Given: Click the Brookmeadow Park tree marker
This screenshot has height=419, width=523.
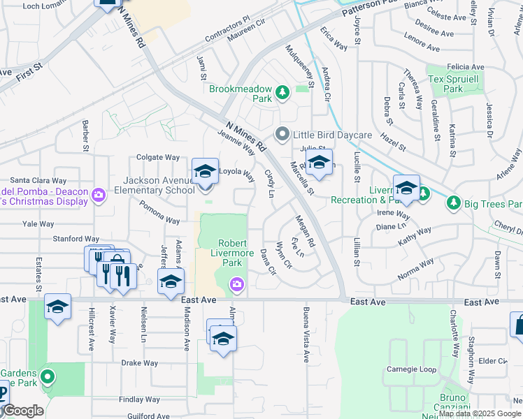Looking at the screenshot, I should click(x=282, y=92).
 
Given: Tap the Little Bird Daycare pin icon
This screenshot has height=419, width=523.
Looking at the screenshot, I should click(x=282, y=133).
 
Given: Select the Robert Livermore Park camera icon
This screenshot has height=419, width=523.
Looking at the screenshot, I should click(x=237, y=284).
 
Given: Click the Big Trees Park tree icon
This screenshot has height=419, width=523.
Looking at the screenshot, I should click(x=453, y=203).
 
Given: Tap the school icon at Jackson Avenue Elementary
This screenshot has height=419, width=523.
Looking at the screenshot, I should click(x=205, y=172).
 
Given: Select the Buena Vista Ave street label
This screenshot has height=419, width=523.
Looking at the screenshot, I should click(x=306, y=335).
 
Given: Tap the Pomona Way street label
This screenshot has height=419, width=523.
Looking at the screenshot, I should click(x=159, y=211).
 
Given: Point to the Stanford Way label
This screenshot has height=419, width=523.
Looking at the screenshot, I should click(x=76, y=238).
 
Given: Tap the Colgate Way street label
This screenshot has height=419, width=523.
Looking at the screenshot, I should click(x=158, y=158).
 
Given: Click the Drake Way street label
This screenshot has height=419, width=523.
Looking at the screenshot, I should click(x=140, y=363).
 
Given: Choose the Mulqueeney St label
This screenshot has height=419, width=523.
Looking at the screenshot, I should click(x=301, y=66).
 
